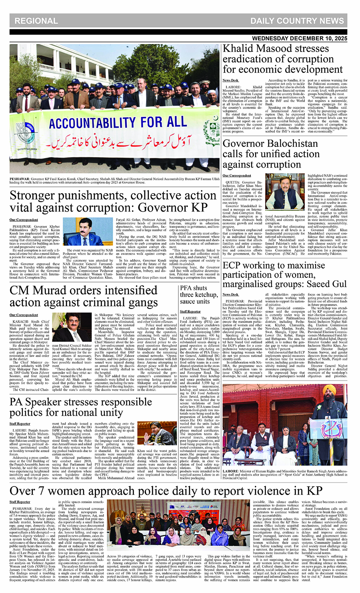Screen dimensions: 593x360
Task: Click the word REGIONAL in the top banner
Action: tap(36, 21)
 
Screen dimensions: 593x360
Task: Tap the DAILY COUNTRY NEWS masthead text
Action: tap(297, 21)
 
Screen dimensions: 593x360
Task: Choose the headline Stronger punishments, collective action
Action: tap(113, 202)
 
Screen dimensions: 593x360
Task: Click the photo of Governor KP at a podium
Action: tap(83, 232)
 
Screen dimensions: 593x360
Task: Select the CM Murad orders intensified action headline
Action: tap(84, 296)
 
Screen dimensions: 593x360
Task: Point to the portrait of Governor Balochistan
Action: tap(284, 195)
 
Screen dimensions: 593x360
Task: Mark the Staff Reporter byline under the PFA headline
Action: tap(190, 311)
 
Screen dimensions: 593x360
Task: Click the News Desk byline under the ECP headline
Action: tap(230, 294)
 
